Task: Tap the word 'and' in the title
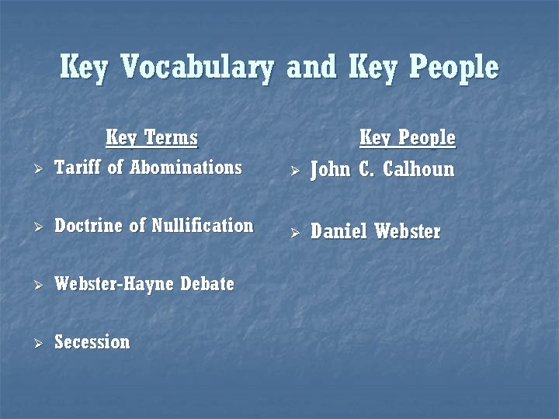coord(314,68)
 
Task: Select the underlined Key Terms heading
coord(151,139)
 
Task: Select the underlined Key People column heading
coord(407,139)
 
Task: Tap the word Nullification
coord(203,226)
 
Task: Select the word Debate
coord(207,284)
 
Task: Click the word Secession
coord(92,342)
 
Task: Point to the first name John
coord(331,169)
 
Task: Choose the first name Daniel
coord(339,231)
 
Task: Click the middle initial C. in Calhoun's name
coord(366,169)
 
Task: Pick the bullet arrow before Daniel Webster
coord(294,232)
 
